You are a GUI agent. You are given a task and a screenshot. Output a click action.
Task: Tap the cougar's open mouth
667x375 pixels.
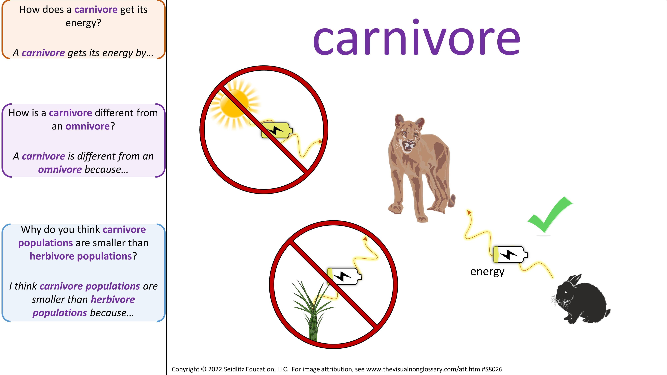click(x=409, y=145)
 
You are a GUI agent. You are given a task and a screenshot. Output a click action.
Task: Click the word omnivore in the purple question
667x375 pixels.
click(x=88, y=126)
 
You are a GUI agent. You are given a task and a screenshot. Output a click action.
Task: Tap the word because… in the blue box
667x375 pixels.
click(x=112, y=313)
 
